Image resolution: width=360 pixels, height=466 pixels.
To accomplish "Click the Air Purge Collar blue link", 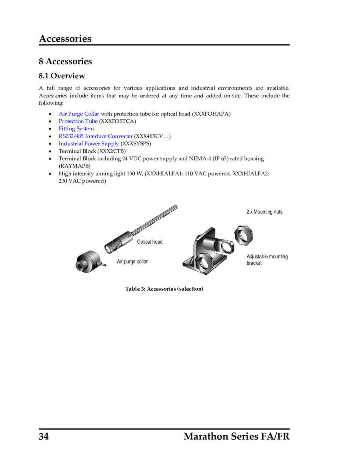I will pos(79,114).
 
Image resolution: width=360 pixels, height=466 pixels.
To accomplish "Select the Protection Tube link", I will pos(78,121).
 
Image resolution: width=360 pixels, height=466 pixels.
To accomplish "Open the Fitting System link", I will pos(76,129).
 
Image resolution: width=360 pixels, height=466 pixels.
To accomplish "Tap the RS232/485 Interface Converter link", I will pos(96,136).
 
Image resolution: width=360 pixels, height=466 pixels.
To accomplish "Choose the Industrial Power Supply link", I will pos(89,144).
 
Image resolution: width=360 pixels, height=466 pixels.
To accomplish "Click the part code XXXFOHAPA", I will pos(211,114).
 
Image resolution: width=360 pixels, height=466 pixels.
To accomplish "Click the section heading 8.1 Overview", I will pos(62,76).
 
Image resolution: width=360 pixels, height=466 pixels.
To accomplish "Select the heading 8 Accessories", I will pos(65,61).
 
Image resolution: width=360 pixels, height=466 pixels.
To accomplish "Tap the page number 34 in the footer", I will pos(44,436).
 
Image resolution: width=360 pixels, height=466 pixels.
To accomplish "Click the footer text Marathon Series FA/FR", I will pos(236,436).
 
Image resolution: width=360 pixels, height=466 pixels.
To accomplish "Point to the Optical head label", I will pos(150,242).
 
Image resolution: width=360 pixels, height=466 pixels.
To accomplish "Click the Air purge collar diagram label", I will pos(132,262).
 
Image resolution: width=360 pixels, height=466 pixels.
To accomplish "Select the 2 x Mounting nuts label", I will pos(264,212).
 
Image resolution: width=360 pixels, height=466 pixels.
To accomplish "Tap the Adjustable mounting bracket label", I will pos(267,260).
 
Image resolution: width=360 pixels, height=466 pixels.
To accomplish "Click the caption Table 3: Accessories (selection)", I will pos(164,289).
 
